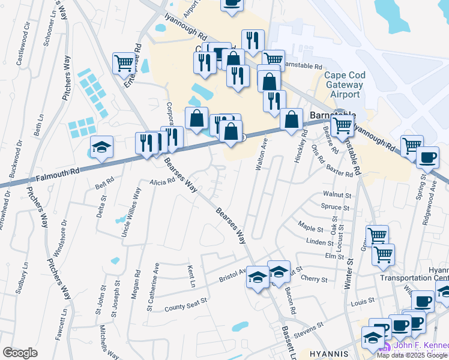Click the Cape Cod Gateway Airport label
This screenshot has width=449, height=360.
[x=343, y=85]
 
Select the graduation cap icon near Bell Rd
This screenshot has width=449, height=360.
[x=102, y=147]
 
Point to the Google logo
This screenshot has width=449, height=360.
[x=20, y=353]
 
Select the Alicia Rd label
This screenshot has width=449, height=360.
[x=163, y=181]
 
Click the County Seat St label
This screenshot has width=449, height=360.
[x=186, y=304]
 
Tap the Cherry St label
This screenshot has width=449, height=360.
[x=315, y=280]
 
